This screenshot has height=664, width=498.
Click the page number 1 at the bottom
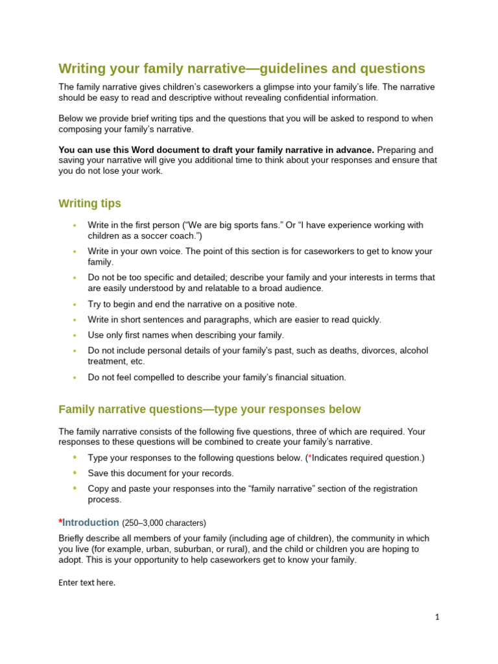437,617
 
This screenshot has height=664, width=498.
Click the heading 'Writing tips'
89,204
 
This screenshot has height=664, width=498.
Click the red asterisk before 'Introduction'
60,521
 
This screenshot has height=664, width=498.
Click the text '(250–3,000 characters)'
163,523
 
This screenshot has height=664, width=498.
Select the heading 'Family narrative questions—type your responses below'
209,409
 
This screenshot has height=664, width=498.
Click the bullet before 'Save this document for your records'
75,473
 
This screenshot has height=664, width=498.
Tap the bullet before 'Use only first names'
75,335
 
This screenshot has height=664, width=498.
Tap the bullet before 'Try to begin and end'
75,304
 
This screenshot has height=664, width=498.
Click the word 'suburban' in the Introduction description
194,549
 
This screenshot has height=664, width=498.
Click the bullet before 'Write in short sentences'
75,320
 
